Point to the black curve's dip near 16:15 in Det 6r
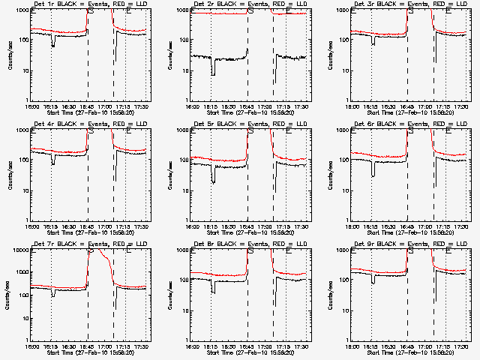coord(373,174)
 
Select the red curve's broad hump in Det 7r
coord(105,262)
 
